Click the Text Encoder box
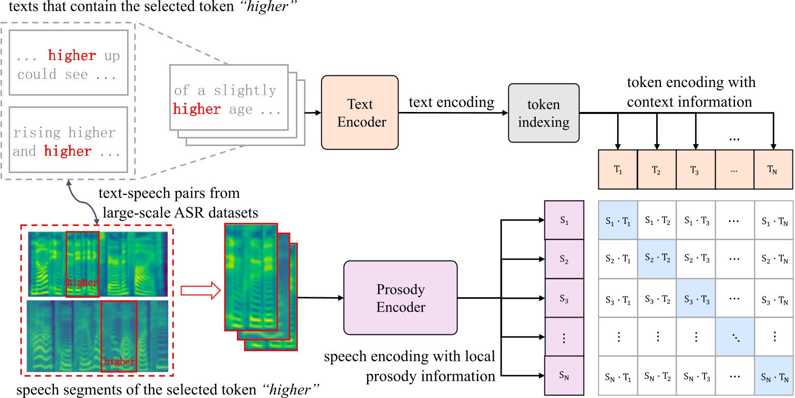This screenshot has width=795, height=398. click(359, 112)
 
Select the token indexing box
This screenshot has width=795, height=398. click(544, 113)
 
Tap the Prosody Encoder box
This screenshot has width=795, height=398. click(401, 298)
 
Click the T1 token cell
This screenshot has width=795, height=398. click(618, 169)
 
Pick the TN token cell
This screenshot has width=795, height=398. click(773, 169)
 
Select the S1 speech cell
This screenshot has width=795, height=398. click(564, 220)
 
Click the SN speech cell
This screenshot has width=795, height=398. click(564, 375)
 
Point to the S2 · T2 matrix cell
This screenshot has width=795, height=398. click(657, 259)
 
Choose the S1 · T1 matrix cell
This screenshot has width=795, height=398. click(618, 220)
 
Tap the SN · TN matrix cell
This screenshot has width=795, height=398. click(774, 376)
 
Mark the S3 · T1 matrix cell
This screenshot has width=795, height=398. click(618, 298)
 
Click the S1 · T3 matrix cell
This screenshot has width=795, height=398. click(696, 220)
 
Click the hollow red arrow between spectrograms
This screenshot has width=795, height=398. click(200, 291)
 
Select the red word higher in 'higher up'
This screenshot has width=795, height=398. click(72, 55)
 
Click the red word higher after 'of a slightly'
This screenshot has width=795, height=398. click(197, 109)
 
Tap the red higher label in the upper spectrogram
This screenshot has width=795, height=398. click(82, 282)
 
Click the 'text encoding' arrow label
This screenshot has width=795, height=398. click(451, 102)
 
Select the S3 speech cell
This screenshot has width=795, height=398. click(564, 298)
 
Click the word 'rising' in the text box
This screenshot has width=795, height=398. click(37, 132)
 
